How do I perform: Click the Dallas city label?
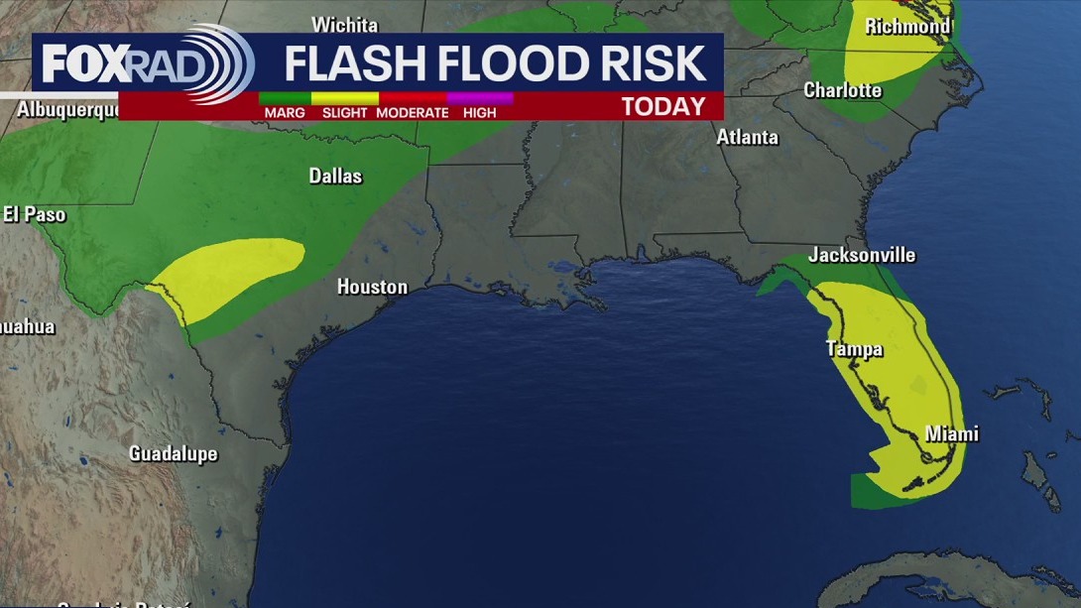point(335,177)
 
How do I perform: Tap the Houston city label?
point(372,287)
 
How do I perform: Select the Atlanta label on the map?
point(747,138)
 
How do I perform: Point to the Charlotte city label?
point(842,90)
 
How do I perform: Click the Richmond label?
point(906,27)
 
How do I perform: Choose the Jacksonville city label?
point(861,255)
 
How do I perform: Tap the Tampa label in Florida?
point(854,349)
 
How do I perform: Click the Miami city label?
point(951,433)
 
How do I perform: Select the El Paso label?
point(34,214)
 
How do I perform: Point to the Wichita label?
point(344,25)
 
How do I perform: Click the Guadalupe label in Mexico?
point(173,454)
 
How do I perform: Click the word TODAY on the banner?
point(663,107)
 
